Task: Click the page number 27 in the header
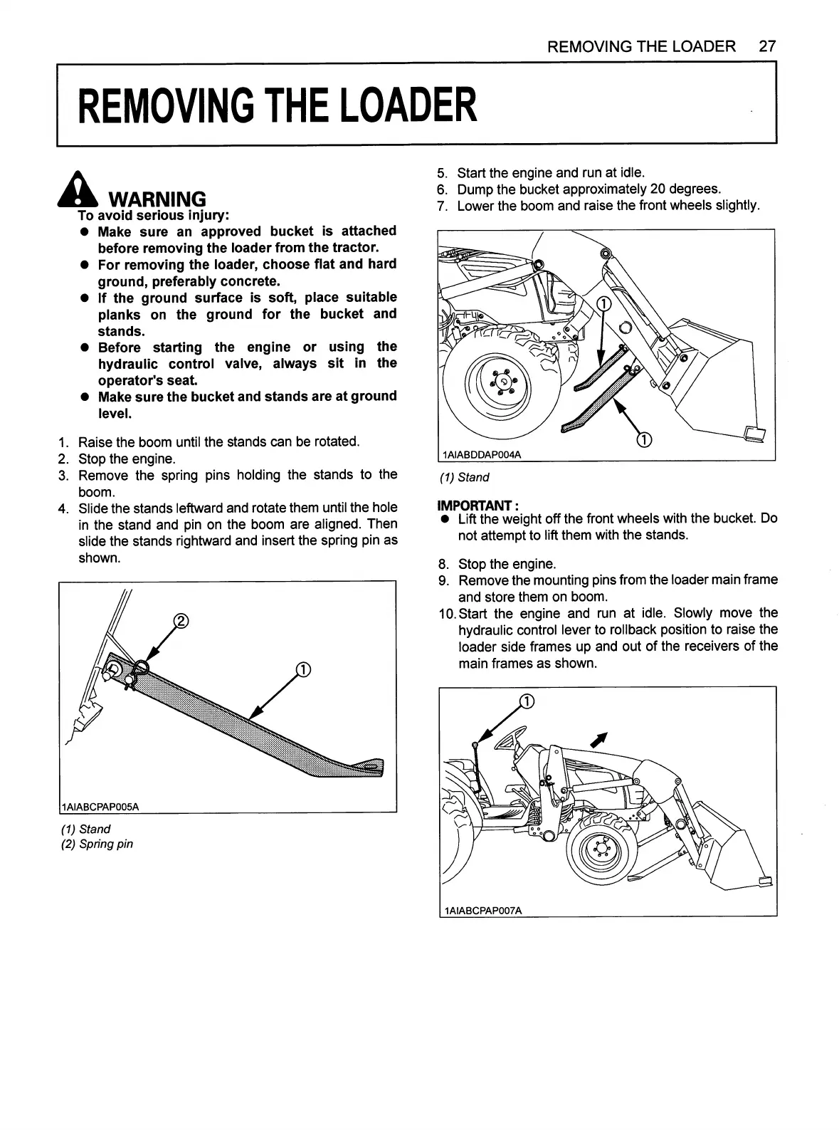(x=766, y=47)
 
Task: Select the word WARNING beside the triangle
(x=156, y=199)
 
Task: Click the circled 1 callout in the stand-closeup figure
(x=302, y=669)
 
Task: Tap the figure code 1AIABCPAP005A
(x=100, y=806)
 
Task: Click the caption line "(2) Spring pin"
(x=97, y=844)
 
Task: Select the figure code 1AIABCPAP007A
(x=482, y=911)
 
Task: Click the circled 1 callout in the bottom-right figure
(x=527, y=701)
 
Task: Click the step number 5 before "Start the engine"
(x=442, y=173)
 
